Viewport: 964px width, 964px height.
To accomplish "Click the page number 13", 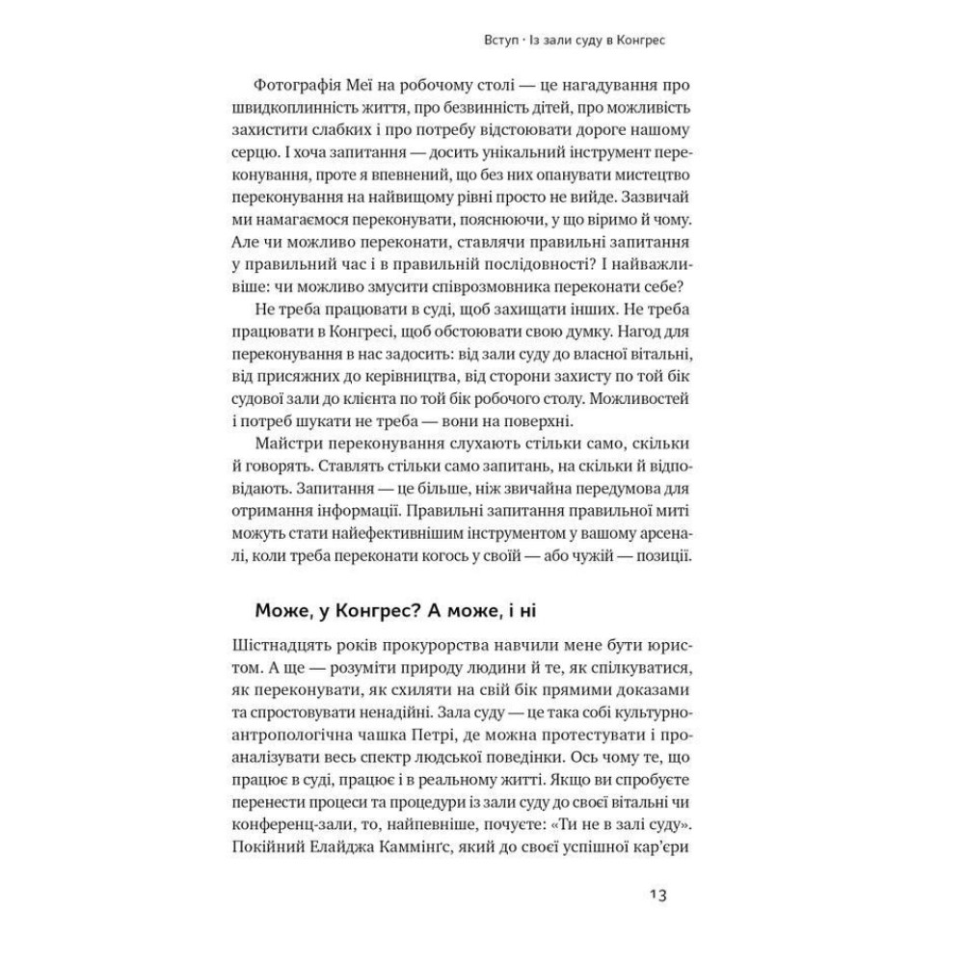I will click(x=656, y=894).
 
